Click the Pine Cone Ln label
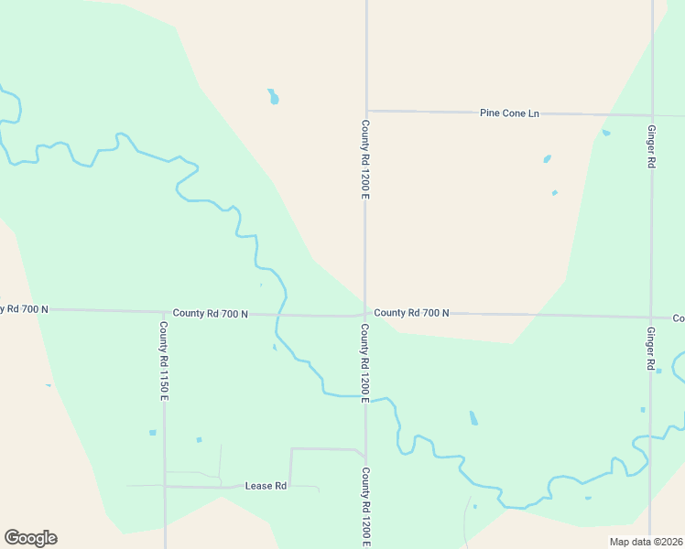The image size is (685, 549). point(509,113)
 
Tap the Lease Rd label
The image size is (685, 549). point(266,485)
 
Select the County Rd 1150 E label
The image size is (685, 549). point(164,361)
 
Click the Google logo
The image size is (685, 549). point(30,538)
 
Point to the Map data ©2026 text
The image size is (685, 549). point(646,542)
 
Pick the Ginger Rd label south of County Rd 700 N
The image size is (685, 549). point(651,349)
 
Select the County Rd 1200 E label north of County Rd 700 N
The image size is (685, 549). point(365,160)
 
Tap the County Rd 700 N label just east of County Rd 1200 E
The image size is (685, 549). point(411,313)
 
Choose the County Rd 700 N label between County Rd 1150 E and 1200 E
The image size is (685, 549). point(211,313)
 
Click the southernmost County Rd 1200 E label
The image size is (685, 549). point(365,507)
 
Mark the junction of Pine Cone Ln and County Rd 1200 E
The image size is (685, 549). point(366,111)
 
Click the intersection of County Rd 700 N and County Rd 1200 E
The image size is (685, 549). point(365,315)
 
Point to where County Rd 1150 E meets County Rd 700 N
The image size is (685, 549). point(165,312)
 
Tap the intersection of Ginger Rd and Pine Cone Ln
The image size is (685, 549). point(651,116)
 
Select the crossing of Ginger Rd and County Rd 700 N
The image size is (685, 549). point(650,318)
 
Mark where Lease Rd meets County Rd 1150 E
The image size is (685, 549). point(165,486)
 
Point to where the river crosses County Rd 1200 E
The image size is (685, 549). point(365,397)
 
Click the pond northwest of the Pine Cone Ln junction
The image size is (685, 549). point(273,96)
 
